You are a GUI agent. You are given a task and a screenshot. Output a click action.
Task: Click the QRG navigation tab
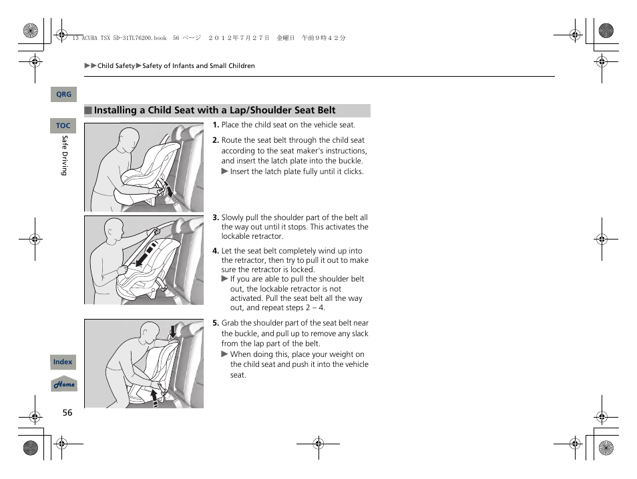point(63,95)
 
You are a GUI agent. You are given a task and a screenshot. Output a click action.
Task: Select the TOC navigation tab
point(63,125)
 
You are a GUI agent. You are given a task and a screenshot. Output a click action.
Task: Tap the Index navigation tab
point(63,362)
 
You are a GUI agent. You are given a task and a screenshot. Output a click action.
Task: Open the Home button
point(64,384)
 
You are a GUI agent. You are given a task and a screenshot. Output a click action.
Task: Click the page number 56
point(67,413)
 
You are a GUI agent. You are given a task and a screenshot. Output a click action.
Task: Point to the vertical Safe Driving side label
point(65,155)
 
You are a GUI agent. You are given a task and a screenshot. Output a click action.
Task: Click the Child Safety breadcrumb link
point(116,66)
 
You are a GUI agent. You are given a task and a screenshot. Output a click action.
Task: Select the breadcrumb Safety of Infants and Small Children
point(198,66)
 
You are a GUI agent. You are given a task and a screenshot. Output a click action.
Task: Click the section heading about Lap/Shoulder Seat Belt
point(214,111)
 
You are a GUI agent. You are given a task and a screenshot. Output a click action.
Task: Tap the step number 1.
point(216,125)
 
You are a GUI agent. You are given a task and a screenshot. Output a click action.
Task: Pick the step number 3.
point(216,217)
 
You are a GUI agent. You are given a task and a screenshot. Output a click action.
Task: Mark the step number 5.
point(216,323)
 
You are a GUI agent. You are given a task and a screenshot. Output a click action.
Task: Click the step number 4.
point(216,251)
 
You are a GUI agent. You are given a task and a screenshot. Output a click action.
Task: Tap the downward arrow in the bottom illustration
point(172,331)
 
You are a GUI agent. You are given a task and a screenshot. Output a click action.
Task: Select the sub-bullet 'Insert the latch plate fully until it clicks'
point(296,171)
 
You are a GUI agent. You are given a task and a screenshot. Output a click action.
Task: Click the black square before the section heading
point(87,111)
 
